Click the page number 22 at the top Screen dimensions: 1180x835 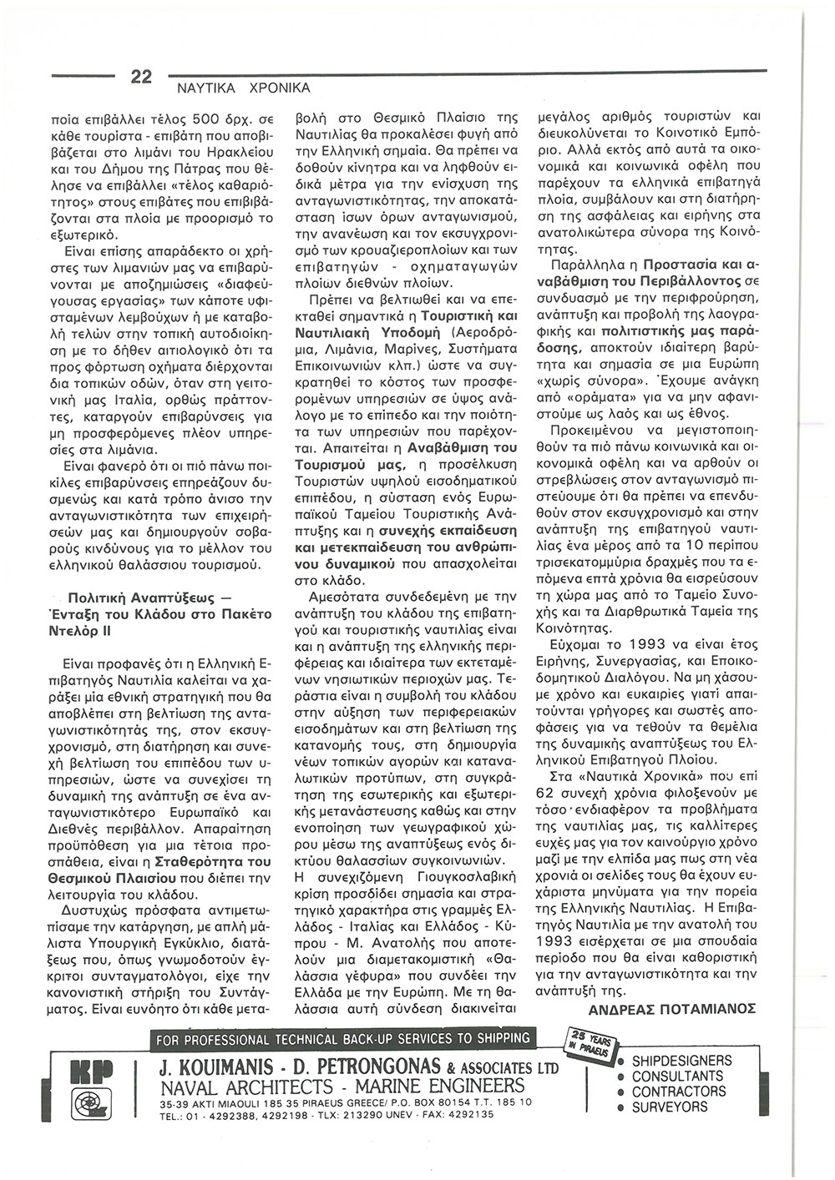[x=140, y=76]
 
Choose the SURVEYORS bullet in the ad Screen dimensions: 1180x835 [x=669, y=1107]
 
